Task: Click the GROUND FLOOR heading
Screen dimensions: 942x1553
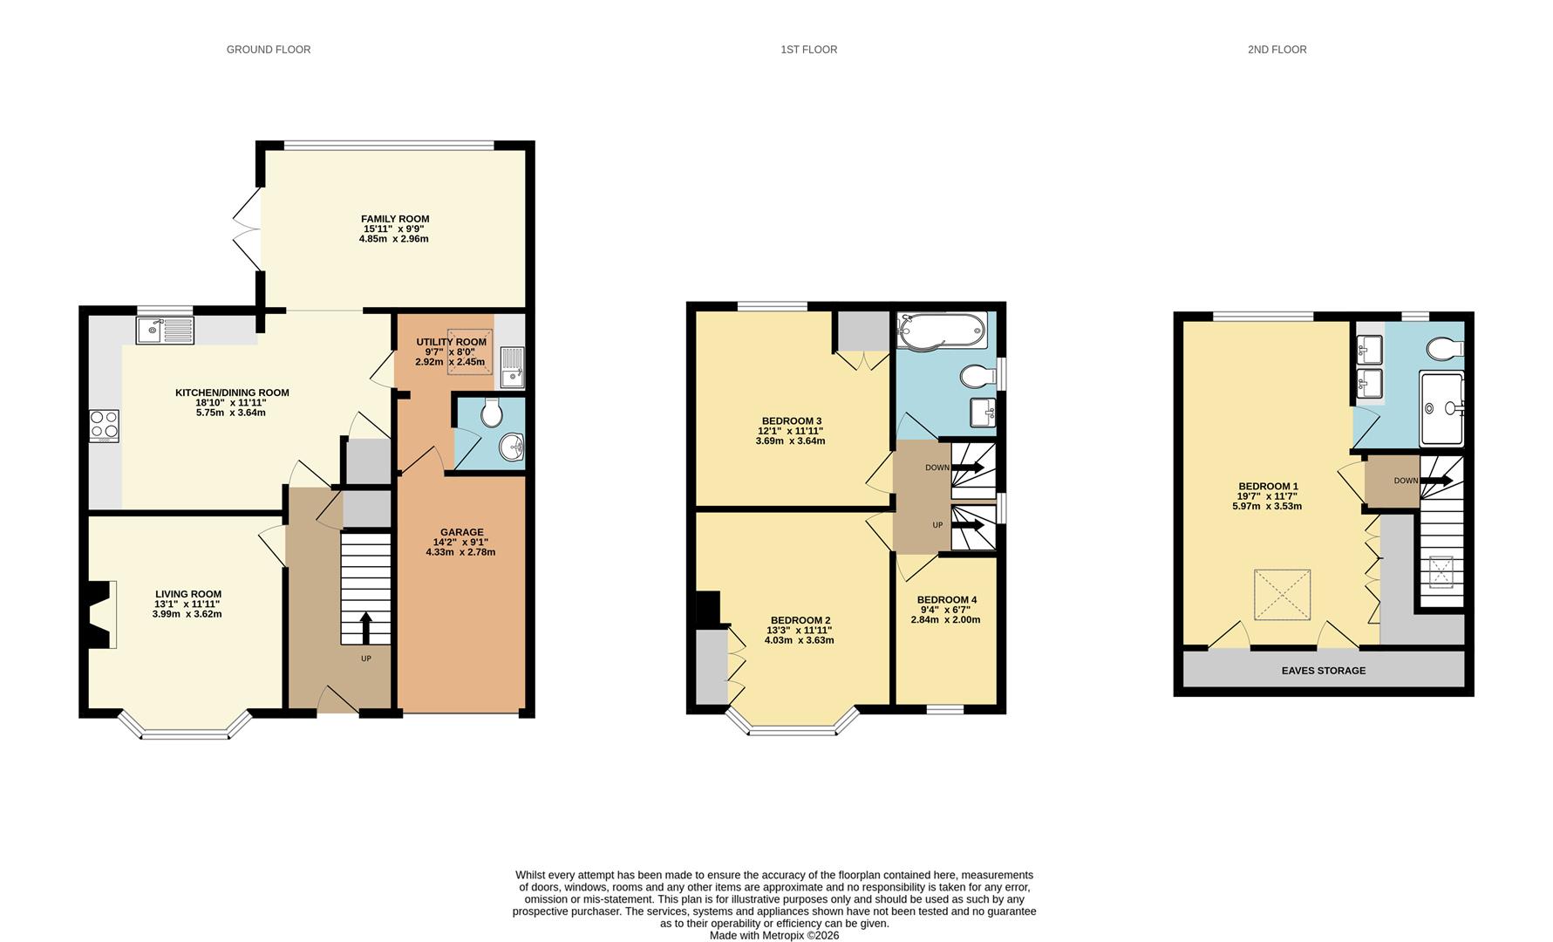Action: pos(269,50)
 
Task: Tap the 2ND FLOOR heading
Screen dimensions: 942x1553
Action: pos(1277,50)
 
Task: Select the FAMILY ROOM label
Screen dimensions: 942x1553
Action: pos(395,219)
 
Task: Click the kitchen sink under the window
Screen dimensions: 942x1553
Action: pos(165,331)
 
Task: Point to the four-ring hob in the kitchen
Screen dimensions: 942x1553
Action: pos(104,426)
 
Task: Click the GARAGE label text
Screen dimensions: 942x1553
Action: pos(461,532)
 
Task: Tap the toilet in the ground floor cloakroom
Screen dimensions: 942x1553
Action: pos(492,413)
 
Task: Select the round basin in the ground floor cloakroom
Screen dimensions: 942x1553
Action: pos(511,448)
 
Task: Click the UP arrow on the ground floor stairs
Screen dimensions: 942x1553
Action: pos(365,627)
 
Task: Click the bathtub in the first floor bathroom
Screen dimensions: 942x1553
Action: pos(943,331)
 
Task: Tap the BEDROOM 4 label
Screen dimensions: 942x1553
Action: pos(946,600)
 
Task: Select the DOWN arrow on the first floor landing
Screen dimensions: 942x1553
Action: pos(968,468)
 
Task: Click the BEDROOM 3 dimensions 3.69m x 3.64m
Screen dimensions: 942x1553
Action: pos(790,441)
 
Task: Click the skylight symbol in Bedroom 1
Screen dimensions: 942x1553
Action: pos(1282,595)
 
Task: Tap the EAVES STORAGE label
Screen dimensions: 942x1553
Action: pos(1323,671)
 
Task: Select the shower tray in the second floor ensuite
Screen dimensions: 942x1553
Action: pos(1441,408)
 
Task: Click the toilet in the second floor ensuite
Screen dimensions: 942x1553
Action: pos(1445,349)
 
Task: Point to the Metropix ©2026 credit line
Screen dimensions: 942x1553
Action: pos(773,935)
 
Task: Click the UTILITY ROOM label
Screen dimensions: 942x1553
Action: pos(451,342)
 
